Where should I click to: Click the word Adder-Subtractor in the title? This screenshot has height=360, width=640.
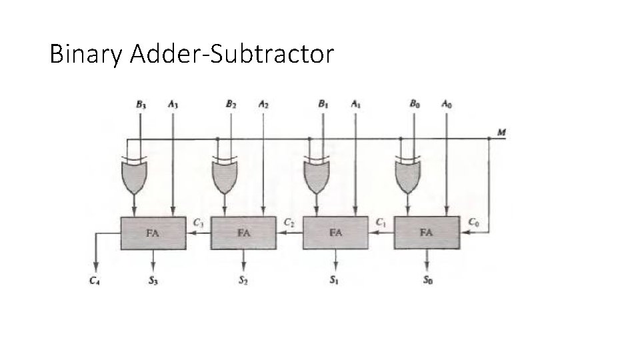click(x=231, y=54)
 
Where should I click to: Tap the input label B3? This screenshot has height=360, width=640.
click(x=141, y=104)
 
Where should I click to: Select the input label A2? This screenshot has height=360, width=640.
click(x=263, y=104)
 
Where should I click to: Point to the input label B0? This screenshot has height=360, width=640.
click(x=415, y=104)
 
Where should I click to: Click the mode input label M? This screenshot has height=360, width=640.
click(x=501, y=132)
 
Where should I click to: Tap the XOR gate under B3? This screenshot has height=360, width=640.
click(x=135, y=174)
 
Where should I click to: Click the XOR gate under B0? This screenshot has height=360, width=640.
click(x=408, y=174)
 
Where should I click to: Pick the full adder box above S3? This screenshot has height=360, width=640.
click(x=153, y=233)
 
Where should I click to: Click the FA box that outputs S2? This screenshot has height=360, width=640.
click(x=243, y=233)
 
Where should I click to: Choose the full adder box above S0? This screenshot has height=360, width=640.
click(x=426, y=233)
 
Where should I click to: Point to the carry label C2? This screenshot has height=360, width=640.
click(x=289, y=221)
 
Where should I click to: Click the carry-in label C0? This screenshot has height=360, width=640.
click(x=473, y=221)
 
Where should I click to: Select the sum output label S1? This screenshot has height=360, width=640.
click(x=334, y=281)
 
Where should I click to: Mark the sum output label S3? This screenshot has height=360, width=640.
click(x=153, y=281)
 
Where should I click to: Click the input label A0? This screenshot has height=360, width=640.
click(x=445, y=104)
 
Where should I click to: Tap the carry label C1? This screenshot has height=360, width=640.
click(x=381, y=221)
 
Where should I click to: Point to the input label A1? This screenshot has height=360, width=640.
click(x=355, y=104)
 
